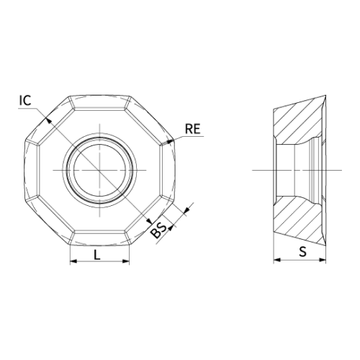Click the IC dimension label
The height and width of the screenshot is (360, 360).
point(25,100)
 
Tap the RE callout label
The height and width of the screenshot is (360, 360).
point(192,129)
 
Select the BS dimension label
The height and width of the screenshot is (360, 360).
point(158,230)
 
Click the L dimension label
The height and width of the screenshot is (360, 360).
point(96,255)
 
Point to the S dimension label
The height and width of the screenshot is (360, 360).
point(303,252)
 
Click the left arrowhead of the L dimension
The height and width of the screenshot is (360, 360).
point(73,261)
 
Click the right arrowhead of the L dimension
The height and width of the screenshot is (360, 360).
point(126,261)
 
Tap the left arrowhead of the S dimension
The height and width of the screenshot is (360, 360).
point(277,260)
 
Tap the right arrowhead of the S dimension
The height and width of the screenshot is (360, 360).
point(323,260)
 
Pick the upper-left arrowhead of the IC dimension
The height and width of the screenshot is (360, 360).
point(48,120)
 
